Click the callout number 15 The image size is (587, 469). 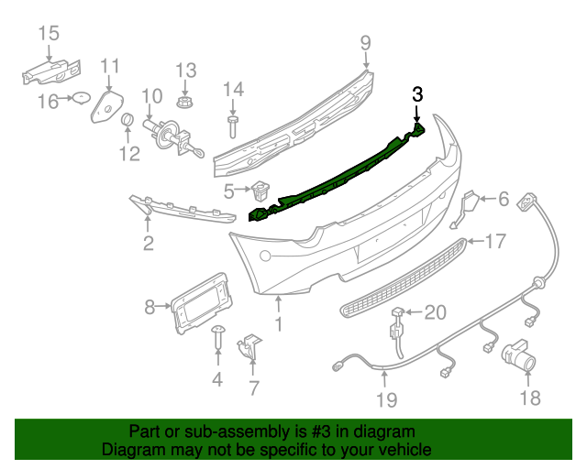[48, 34]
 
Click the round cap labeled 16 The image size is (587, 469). [78, 99]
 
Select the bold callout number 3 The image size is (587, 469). [417, 93]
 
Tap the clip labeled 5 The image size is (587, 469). [260, 192]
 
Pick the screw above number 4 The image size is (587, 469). [218, 337]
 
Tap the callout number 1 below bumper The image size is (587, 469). [280, 323]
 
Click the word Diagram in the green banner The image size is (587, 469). [128, 450]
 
